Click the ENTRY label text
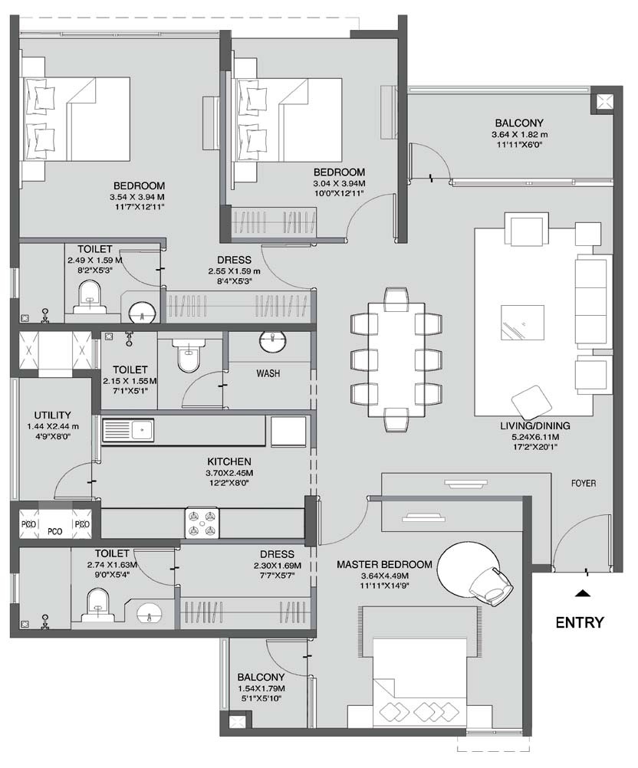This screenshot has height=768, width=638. pyautogui.click(x=579, y=622)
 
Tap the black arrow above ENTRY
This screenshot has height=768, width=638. pyautogui.click(x=584, y=592)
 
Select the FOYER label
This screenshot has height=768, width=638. pyautogui.click(x=584, y=484)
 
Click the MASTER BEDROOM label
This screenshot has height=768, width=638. pyautogui.click(x=384, y=564)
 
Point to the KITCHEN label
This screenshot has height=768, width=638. pyautogui.click(x=229, y=462)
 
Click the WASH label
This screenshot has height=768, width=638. pyautogui.click(x=268, y=374)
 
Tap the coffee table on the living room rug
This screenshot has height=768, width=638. pyautogui.click(x=522, y=321)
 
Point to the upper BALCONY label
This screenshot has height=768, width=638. pyautogui.click(x=518, y=123)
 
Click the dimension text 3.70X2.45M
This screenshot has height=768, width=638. pyautogui.click(x=229, y=473)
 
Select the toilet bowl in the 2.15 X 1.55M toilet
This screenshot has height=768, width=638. pyautogui.click(x=186, y=356)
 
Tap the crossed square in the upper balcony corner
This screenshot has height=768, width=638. pyautogui.click(x=601, y=103)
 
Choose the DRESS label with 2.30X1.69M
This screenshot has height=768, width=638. pyautogui.click(x=277, y=554)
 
